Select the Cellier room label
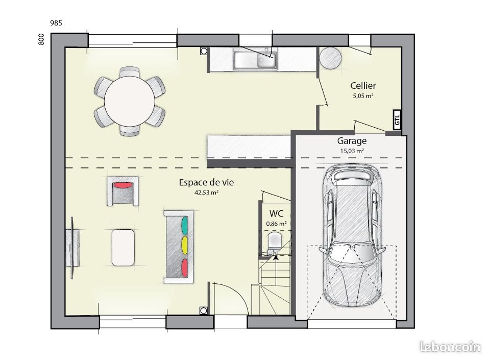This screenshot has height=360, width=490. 363,86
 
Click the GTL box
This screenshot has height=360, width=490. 397,120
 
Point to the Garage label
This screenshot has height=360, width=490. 352,141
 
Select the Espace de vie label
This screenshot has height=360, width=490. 206,182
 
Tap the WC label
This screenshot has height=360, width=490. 276,213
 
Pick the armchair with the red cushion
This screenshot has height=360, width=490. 122,191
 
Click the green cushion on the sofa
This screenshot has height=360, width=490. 184,224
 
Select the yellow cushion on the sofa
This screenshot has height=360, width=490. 184,244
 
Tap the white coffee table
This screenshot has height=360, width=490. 123,247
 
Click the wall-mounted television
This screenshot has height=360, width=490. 72,248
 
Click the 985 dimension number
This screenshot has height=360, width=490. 56,23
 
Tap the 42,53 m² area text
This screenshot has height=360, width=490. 206,193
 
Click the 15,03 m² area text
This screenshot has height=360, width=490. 352,151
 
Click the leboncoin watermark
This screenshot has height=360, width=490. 450,347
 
